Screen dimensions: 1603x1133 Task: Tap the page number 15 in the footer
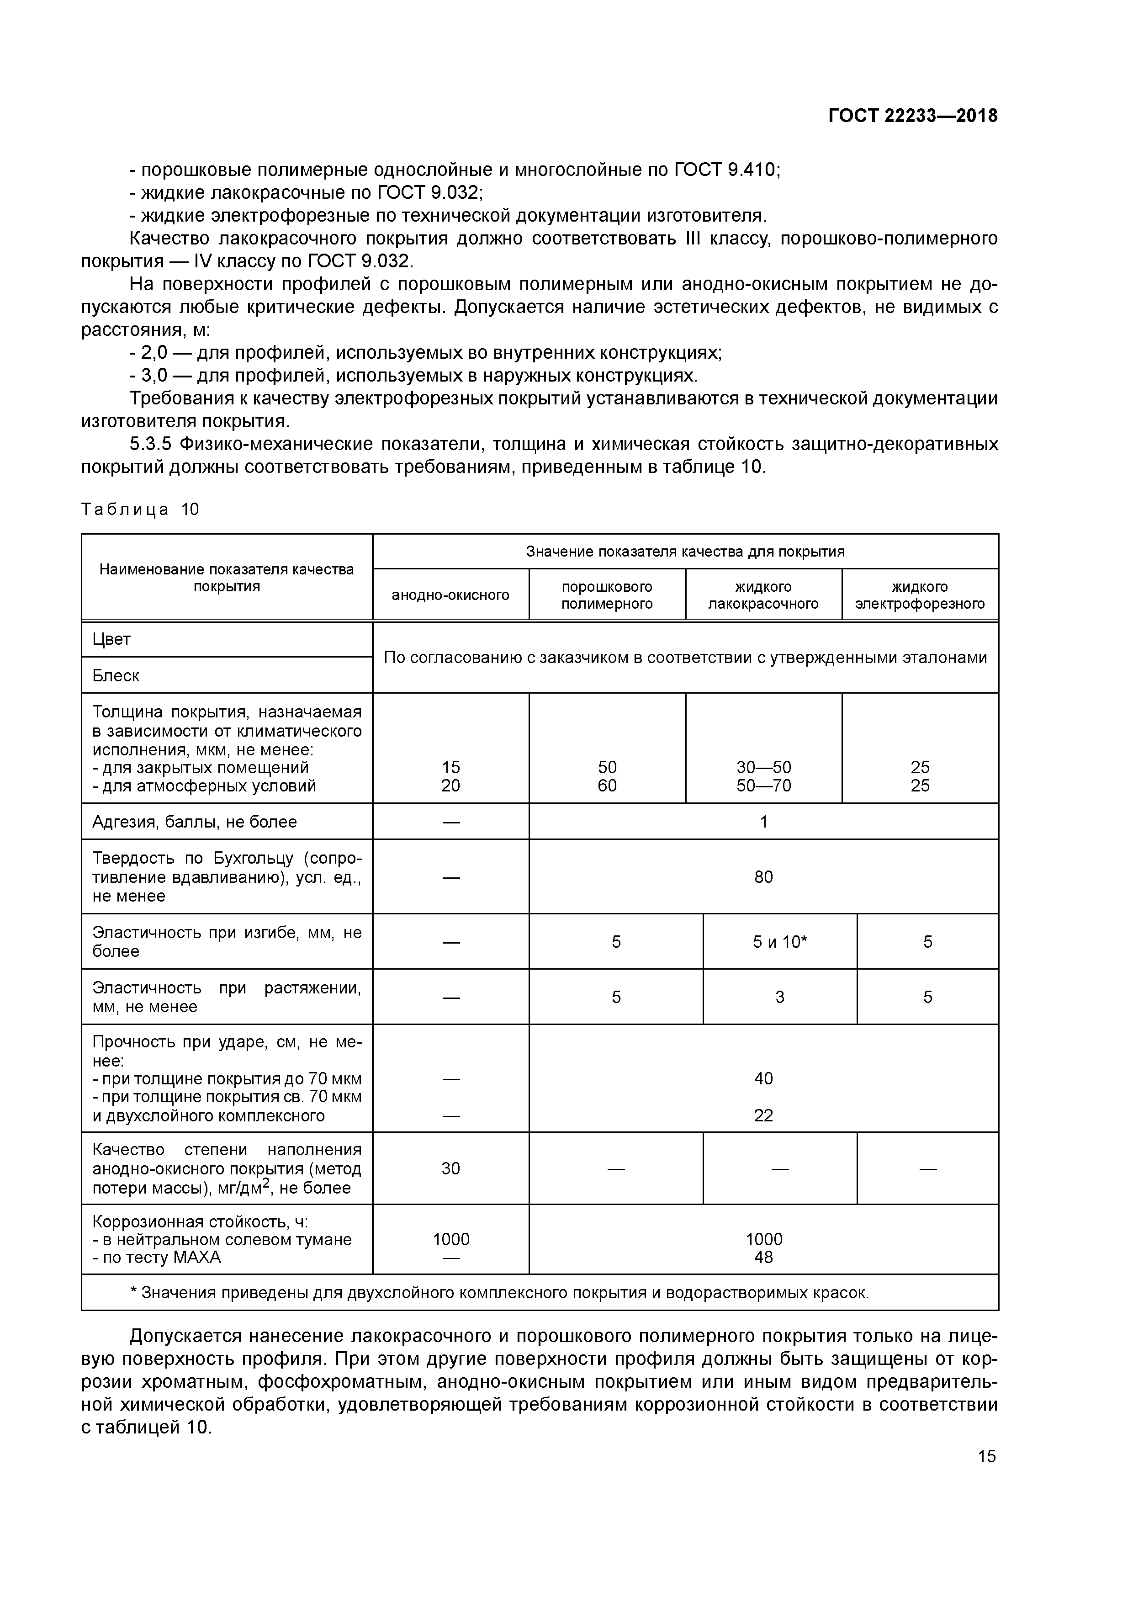(x=986, y=1456)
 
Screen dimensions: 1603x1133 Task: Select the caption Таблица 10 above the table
(x=140, y=509)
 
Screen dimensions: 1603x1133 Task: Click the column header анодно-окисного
(x=450, y=595)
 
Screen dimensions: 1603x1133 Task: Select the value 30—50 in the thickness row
(x=764, y=767)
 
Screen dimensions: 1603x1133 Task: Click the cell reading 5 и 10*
(x=780, y=942)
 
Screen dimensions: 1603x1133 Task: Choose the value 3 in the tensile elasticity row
(x=780, y=997)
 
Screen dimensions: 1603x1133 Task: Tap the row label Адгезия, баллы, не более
(x=195, y=822)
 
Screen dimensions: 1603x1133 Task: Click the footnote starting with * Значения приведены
(x=499, y=1292)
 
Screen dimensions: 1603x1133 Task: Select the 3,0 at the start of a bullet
(x=154, y=376)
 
